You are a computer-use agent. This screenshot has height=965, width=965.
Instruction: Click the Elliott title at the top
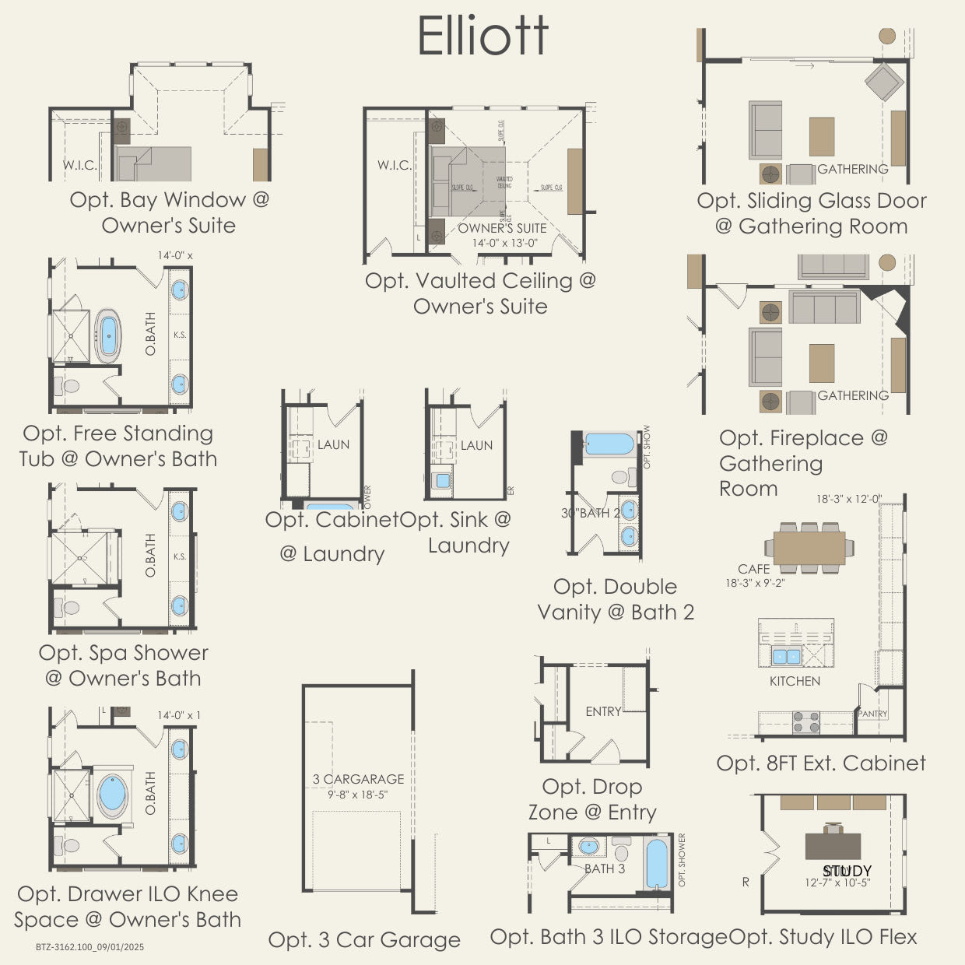click(x=482, y=35)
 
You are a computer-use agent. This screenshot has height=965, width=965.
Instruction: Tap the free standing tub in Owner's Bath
click(x=108, y=336)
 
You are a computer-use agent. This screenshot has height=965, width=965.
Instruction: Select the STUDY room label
click(x=847, y=871)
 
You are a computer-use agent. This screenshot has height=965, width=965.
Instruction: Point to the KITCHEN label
click(x=795, y=681)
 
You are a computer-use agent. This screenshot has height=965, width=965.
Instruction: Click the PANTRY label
click(x=872, y=714)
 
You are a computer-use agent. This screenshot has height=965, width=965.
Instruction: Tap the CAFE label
click(x=753, y=569)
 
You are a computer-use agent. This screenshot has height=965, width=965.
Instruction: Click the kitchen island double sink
click(x=786, y=656)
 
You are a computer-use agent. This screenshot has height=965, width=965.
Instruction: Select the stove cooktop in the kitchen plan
click(x=806, y=721)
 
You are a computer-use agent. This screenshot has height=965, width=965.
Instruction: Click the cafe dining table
click(x=809, y=547)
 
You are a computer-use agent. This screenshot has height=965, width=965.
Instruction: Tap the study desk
click(x=833, y=846)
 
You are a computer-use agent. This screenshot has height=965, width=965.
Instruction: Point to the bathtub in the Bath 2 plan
click(x=609, y=444)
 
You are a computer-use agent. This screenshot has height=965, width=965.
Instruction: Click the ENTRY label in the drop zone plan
click(x=603, y=711)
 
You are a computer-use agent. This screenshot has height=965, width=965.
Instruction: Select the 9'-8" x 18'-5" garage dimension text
click(x=357, y=795)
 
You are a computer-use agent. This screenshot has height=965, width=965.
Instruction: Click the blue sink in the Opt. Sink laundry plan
click(x=443, y=481)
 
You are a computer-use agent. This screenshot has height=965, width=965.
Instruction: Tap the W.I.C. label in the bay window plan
click(x=80, y=165)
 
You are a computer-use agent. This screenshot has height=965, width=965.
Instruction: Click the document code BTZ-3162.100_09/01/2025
click(x=89, y=947)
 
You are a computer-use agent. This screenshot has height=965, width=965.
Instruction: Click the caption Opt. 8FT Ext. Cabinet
click(x=821, y=763)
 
